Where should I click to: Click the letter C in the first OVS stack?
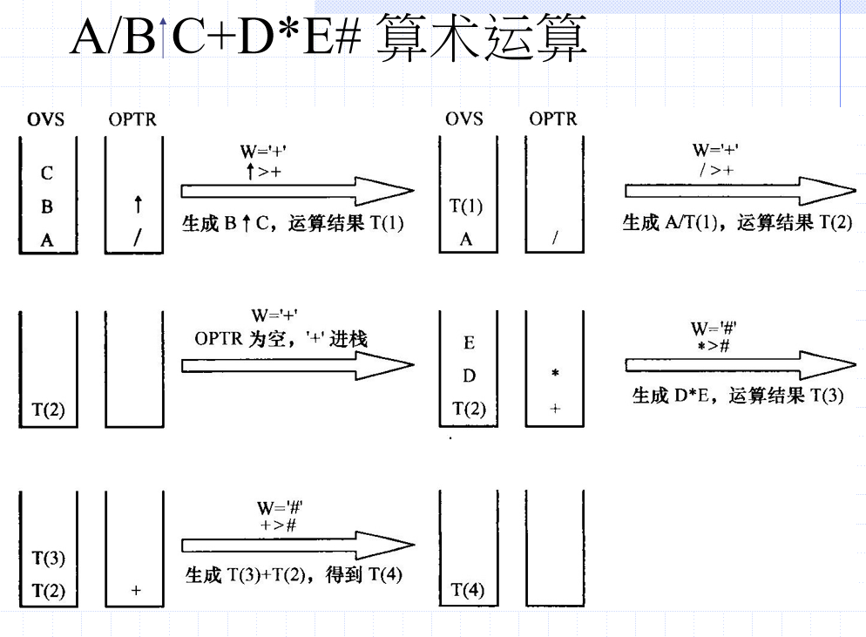point(47,173)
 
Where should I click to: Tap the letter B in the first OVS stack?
point(47,207)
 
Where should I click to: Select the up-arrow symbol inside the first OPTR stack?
point(138,206)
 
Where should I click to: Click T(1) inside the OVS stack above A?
point(465,207)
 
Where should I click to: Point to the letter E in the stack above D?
point(469,342)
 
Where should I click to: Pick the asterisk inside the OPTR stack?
point(555,374)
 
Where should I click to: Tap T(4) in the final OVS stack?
point(467,591)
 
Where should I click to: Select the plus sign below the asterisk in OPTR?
point(555,408)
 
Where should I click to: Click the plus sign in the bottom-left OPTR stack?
point(136,591)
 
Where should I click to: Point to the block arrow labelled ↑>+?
point(296,191)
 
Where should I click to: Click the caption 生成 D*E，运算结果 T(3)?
point(737,396)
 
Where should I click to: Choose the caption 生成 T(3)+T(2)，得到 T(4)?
point(294,576)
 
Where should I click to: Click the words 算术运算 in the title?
point(481,40)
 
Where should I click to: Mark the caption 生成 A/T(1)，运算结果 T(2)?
point(737,223)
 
